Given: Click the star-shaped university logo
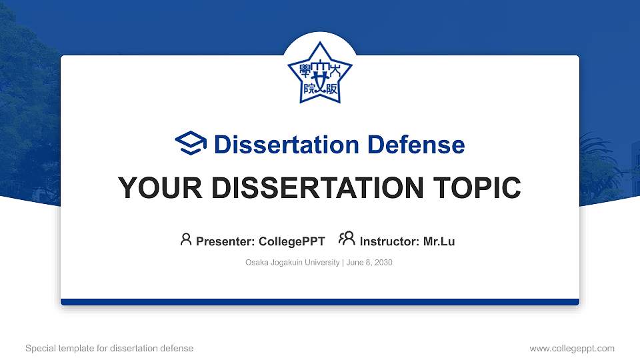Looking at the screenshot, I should tap(319, 73).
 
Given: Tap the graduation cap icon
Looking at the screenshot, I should tap(191, 144).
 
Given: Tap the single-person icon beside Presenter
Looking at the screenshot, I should tap(186, 239).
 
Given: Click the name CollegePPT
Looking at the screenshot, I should tap(293, 241).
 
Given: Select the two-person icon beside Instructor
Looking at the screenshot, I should tap(347, 239).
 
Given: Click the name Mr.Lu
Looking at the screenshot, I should tap(439, 241).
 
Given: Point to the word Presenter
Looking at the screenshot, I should tap(223, 241).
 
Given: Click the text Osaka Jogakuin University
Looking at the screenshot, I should tap(292, 263).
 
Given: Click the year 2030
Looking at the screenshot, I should tap(383, 263).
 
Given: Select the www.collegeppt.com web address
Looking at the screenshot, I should tap(572, 348).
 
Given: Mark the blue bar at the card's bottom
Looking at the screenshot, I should tap(319, 302).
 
